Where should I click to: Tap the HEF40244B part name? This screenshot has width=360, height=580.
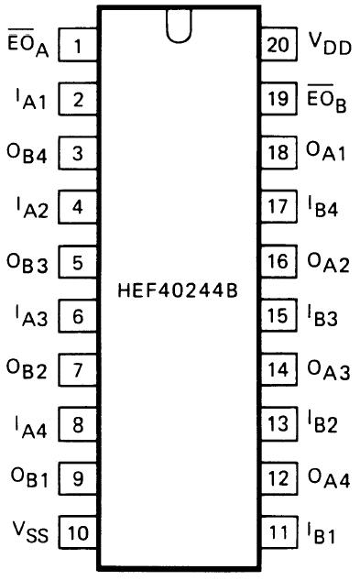coord(178,290)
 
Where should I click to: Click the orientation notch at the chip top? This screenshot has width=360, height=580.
coord(179,27)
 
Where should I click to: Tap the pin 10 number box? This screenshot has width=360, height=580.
coord(78,532)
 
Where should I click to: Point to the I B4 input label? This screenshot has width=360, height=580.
coord(322,208)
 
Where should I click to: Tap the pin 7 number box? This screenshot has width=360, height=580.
coord(78,370)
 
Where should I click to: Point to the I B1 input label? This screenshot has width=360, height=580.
coord(322,532)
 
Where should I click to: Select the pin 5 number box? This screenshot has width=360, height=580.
coord(78,262)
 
